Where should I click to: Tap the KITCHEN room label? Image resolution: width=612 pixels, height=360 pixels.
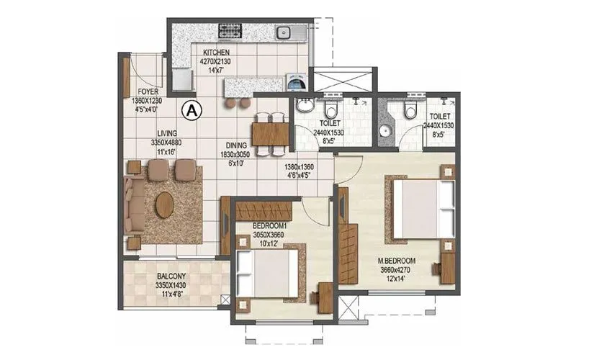[216, 53]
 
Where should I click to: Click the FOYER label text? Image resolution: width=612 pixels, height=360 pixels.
[148, 92]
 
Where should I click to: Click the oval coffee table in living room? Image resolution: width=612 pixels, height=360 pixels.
[165, 204]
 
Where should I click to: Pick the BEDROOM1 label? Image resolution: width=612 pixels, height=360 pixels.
[270, 225]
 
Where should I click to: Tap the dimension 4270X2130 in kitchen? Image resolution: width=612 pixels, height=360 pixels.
[216, 62]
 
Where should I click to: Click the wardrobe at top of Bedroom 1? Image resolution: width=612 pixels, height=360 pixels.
[264, 211]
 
